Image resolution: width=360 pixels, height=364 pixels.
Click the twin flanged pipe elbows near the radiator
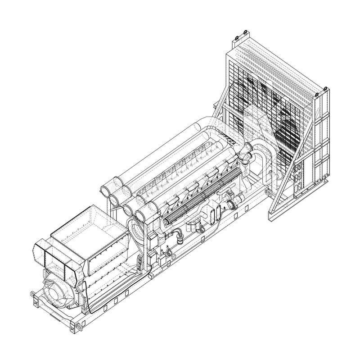(x=245, y=153)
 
